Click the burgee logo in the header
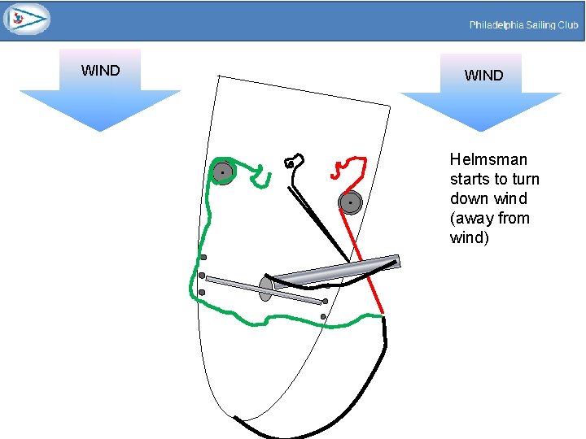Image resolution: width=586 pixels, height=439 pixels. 26,19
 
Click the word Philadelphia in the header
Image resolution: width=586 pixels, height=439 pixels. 496,25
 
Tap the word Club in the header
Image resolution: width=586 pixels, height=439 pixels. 567,25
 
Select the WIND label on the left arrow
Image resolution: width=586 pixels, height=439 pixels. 100,71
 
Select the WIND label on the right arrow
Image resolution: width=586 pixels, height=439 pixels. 483,76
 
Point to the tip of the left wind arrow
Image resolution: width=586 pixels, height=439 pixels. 99,129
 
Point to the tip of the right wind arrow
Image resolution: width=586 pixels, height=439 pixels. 481,129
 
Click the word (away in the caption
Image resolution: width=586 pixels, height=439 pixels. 469,218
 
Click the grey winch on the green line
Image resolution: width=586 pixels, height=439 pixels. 222,172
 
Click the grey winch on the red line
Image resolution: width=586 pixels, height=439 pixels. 350,202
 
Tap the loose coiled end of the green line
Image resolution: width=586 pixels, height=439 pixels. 262,176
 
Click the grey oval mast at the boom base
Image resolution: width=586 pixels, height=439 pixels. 265,289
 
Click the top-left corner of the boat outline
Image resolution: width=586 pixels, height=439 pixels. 218,76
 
